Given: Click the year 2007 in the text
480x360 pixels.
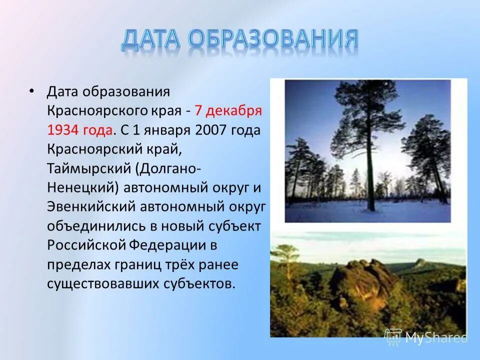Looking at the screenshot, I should pyautogui.click(x=212, y=130).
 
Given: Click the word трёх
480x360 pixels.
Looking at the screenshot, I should pyautogui.click(x=182, y=263).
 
